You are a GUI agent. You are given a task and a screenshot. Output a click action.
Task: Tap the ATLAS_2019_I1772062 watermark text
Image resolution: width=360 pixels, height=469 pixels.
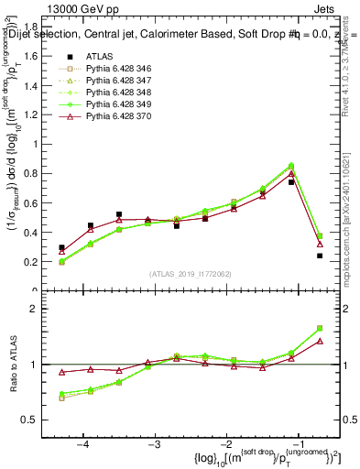click(191, 274)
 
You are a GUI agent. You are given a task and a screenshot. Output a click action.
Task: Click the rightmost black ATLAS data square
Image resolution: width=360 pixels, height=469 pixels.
click(320, 256)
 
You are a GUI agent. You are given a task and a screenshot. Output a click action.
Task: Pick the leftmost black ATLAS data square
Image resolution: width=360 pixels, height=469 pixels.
click(61, 247)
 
